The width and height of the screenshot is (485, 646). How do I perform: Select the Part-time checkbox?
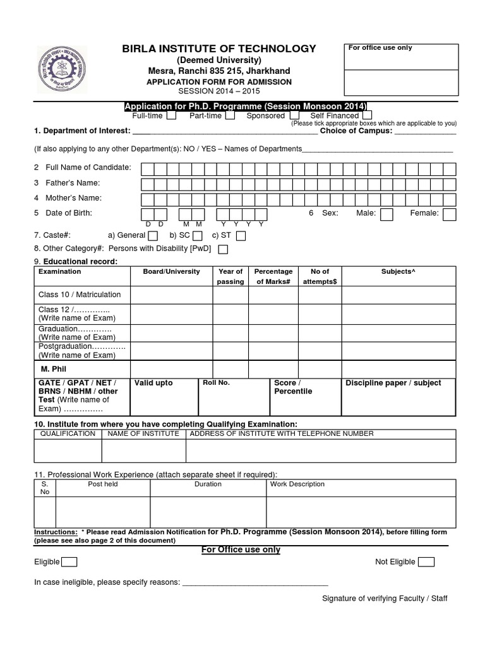(x=231, y=116)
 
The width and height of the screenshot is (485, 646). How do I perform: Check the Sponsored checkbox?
(x=294, y=116)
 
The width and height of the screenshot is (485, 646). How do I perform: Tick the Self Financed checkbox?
(x=367, y=116)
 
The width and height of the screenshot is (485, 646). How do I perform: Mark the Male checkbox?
(x=386, y=214)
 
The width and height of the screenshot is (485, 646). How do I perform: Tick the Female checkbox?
(x=449, y=214)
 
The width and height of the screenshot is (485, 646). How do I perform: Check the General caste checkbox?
(x=153, y=236)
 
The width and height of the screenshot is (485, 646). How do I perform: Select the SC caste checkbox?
(x=198, y=236)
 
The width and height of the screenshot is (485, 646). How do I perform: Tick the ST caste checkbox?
(x=241, y=236)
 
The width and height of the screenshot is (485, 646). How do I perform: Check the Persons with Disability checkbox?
(x=222, y=249)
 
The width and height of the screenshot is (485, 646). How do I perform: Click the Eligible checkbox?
(x=69, y=562)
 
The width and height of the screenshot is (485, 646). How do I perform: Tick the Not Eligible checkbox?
(x=426, y=562)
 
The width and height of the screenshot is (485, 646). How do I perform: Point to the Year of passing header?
(x=231, y=276)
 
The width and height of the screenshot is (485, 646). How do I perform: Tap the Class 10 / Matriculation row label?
(x=80, y=295)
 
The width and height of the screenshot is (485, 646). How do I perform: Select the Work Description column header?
(x=297, y=484)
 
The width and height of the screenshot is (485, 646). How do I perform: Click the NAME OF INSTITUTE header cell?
(x=143, y=434)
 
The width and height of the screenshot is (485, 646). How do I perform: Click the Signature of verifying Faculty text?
(x=385, y=598)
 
